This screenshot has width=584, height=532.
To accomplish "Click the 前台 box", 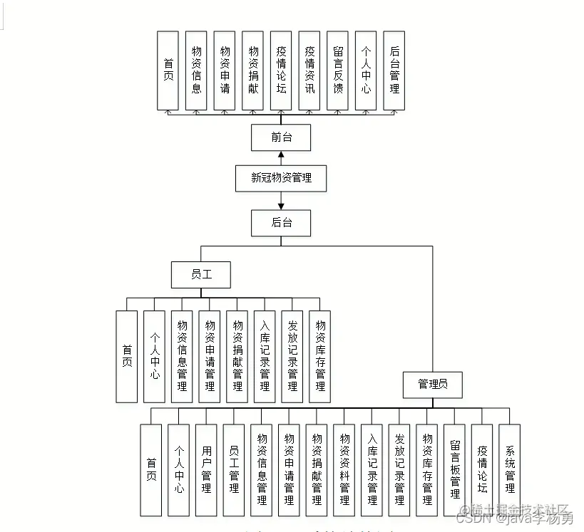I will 281,137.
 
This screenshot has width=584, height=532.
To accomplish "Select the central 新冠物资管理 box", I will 281,178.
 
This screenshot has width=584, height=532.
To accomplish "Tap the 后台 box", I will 281,222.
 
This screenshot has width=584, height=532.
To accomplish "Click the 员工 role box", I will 201,274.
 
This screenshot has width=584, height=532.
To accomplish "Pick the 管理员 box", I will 433,384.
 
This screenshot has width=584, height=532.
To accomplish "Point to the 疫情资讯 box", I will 309,71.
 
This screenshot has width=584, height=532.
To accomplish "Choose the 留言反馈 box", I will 338,71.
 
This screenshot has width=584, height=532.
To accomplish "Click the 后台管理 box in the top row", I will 394,71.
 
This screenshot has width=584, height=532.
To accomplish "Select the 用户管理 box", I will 207,470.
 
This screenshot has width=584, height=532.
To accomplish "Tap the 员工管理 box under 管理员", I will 234,470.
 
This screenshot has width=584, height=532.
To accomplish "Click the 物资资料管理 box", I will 344,470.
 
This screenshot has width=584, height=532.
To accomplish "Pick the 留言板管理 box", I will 455,470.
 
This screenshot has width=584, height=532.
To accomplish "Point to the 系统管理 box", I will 510,470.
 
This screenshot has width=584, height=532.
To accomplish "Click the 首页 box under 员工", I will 127,356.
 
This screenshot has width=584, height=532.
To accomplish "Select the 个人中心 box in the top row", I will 366,71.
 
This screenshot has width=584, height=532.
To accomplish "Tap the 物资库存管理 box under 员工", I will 320,356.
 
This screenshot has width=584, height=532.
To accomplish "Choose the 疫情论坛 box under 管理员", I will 483,470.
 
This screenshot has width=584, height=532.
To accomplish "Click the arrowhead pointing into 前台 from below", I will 281,155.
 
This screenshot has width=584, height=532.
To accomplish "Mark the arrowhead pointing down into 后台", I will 281,206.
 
